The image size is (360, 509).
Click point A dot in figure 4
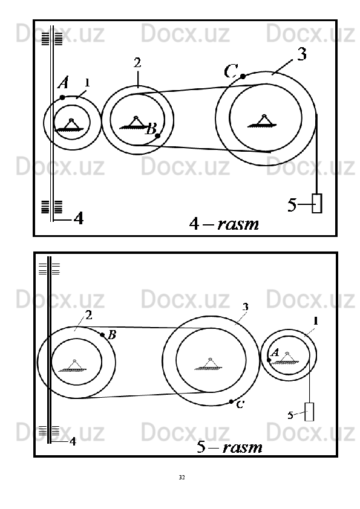click(x=62, y=97)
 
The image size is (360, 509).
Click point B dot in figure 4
click(x=157, y=135)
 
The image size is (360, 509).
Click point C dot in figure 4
click(x=243, y=76)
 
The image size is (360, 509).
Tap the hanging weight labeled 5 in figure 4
click(x=317, y=203)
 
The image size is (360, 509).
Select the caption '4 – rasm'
click(x=224, y=224)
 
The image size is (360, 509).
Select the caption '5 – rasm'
click(x=229, y=447)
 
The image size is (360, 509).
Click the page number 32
click(x=182, y=477)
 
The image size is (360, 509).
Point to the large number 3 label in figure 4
click(x=302, y=54)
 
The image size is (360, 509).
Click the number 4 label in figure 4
click(x=79, y=218)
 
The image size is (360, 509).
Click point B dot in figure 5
click(x=102, y=335)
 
